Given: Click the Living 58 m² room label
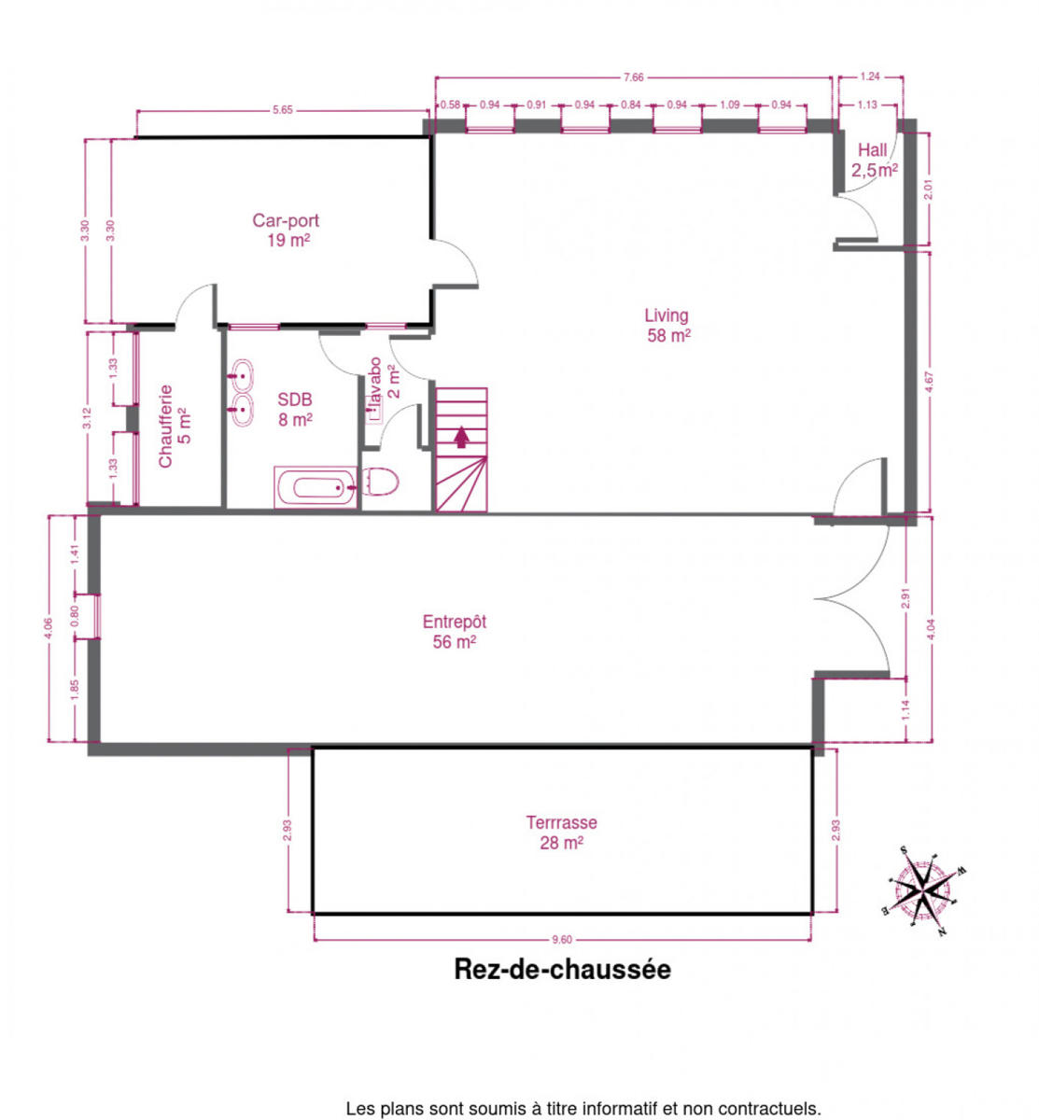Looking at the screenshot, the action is pos(668,326).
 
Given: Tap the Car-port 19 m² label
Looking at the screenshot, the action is pos(286,231).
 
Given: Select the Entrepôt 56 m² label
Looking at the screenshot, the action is pos(454,632).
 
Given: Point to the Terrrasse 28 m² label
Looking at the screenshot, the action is pos(562,833).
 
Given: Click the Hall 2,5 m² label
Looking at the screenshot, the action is pos(875,160).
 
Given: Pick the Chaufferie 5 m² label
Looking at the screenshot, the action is pos(175,427).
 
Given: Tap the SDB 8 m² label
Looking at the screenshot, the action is pos(295,410).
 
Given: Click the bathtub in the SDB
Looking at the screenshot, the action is pos(316,487).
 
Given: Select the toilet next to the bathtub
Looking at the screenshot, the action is pos(380,483).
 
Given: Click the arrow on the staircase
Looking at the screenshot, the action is pos(462,437).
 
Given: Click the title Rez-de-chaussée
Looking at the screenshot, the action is pos(562,970).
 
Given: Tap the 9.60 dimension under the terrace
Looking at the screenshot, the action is pos(562,940).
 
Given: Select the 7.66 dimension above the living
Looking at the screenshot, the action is pos(634,77).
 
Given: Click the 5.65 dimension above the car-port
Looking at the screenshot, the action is pos(283,110).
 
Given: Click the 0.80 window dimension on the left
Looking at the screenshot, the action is pos(75,616).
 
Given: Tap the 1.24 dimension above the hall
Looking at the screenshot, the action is pos(870,77).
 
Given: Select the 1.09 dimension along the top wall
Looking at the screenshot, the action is pos(730,105).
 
